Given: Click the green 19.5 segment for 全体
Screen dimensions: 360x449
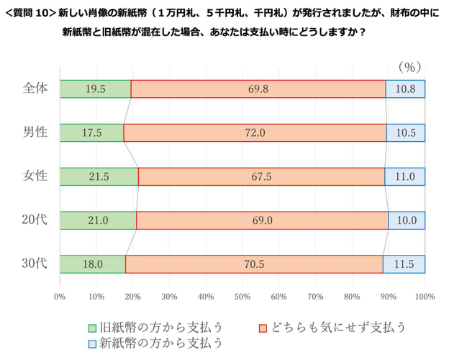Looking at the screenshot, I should coord(95,89).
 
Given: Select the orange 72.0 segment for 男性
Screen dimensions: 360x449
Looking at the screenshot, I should coord(255,132).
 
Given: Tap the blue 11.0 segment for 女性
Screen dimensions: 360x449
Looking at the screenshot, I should coord(404,176).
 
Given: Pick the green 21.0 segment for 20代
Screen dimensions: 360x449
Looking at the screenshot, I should coord(98,220).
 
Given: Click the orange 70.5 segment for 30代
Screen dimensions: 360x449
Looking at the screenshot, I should coord(254,264).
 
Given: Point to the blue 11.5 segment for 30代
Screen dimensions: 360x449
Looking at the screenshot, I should coord(404,264).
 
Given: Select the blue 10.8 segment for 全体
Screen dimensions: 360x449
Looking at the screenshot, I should coord(405,89).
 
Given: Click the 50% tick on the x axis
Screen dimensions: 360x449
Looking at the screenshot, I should coord(242,296).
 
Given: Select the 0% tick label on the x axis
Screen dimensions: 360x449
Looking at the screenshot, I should coord(60,296).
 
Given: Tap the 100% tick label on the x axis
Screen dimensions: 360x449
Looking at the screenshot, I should coord(425,296).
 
